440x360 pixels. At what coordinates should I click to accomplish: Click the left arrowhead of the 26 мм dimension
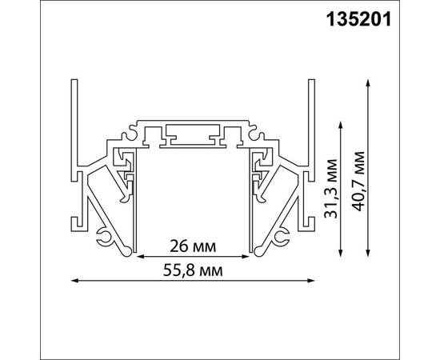137,257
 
